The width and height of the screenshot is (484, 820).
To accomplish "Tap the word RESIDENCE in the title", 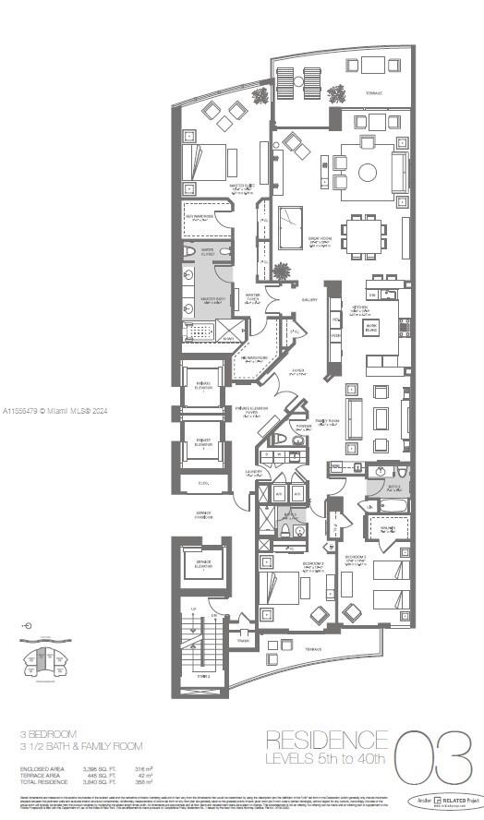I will pyautogui.click(x=327, y=740).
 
